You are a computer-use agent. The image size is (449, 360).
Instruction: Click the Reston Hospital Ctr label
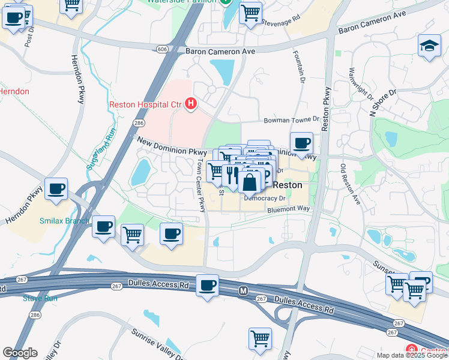pyautogui.click(x=145, y=104)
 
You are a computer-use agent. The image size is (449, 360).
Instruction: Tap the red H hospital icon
pyautogui.click(x=191, y=104)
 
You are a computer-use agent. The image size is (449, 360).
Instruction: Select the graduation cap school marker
pyautogui.click(x=429, y=46)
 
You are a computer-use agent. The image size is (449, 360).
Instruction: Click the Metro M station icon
pyautogui.click(x=243, y=290)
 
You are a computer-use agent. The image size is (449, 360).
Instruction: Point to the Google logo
pyautogui.click(x=20, y=353)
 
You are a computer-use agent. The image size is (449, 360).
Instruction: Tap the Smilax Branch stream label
pyautogui.click(x=64, y=221)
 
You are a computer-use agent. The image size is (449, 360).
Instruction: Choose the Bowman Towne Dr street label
pyautogui.click(x=289, y=121)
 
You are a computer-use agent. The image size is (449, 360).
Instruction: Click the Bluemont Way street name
pyautogui.click(x=288, y=209)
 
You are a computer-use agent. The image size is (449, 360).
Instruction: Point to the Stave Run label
pyautogui.click(x=40, y=298)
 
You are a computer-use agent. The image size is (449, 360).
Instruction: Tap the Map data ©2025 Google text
pyautogui.click(x=412, y=355)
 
